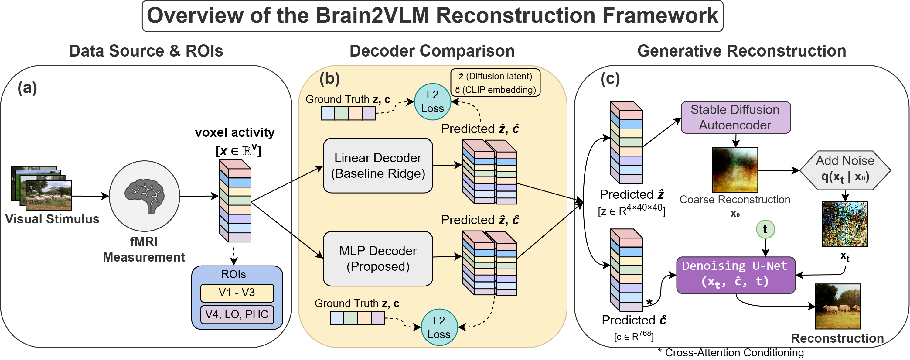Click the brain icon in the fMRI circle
[x=144, y=196]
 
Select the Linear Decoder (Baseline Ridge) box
[x=378, y=165]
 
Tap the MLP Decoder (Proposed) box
[x=378, y=258]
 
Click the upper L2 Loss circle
[x=432, y=101]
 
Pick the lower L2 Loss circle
[x=439, y=327]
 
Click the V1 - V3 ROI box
[x=237, y=293]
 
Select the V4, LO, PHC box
[x=237, y=314]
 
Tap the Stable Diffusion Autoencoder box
[x=735, y=117]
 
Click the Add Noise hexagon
[x=845, y=170]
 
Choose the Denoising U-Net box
[x=735, y=275]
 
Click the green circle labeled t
[x=765, y=229]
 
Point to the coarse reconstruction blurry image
[x=735, y=170]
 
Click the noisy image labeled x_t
[x=844, y=224]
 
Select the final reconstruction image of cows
[x=837, y=306]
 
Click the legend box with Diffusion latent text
[x=495, y=83]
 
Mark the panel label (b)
[x=329, y=78]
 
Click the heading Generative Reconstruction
[x=741, y=51]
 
